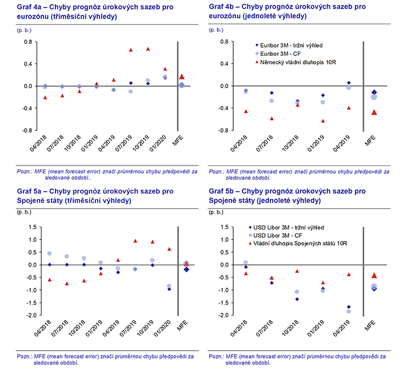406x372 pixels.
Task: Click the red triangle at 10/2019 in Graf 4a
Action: tap(148, 49)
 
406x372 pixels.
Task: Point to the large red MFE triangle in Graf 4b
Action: tap(374, 112)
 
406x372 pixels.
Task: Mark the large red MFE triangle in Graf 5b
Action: tap(374, 275)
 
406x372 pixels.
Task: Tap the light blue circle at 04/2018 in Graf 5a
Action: tap(49, 254)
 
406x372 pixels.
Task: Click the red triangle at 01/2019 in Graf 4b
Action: tap(323, 121)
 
